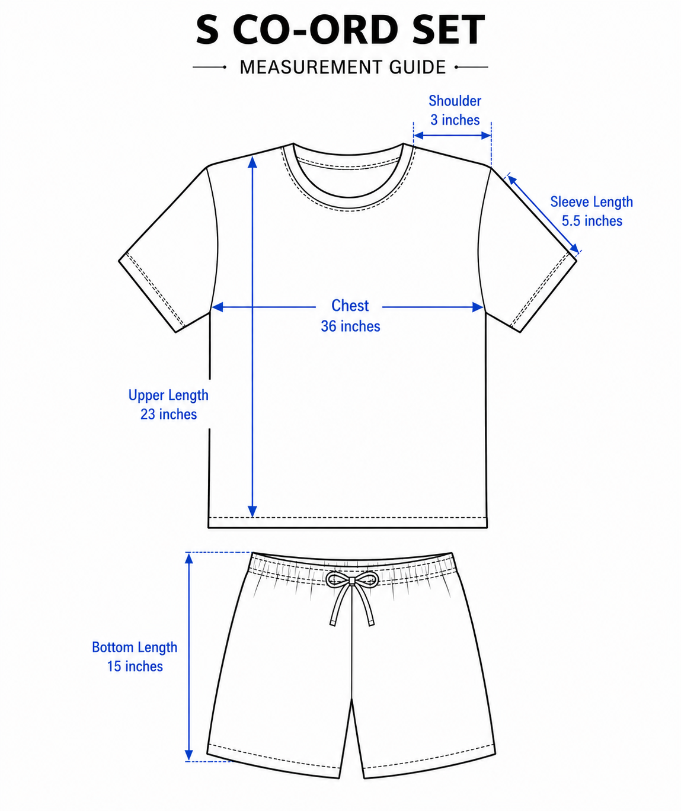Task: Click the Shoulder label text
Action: pos(455,101)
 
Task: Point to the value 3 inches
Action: pos(455,120)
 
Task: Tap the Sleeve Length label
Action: pos(592,202)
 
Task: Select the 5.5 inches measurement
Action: pos(592,221)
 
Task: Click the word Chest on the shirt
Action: pos(350,306)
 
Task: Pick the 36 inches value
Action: pos(350,326)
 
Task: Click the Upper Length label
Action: pos(168,395)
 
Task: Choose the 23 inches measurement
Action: pos(168,415)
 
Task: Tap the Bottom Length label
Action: pos(135,647)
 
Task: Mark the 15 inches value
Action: pos(135,666)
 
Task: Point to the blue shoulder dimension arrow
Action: pos(452,136)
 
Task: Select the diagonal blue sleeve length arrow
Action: pos(543,214)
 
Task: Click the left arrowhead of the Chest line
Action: pos(217,307)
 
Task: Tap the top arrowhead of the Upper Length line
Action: pos(252,162)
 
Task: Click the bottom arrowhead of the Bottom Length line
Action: pos(189,755)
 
